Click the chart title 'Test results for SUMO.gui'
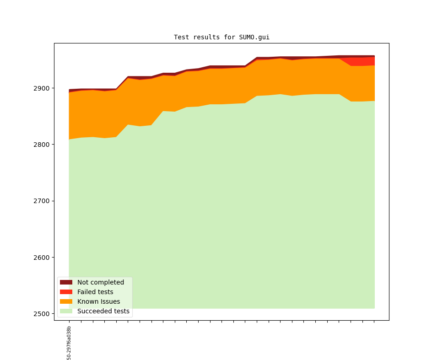221,38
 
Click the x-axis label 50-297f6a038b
69,343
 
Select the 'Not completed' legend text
101,282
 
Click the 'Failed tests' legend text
95,292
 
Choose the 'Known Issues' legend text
98,301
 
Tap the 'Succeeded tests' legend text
103,311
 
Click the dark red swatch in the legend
66,282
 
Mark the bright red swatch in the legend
66,292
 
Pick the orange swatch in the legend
66,301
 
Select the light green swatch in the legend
66,311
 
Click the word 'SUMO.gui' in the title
254,38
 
